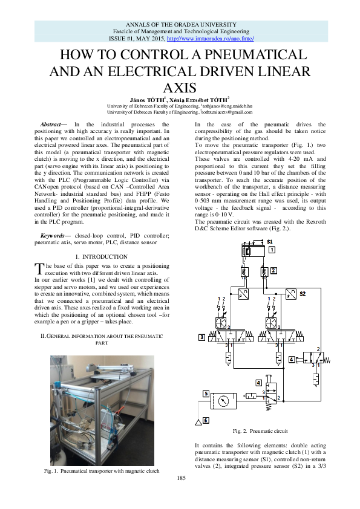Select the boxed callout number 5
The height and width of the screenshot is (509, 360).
(x=206, y=394)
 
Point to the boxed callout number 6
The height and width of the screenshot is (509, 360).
(x=206, y=420)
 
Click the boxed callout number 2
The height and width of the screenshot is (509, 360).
(x=273, y=270)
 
